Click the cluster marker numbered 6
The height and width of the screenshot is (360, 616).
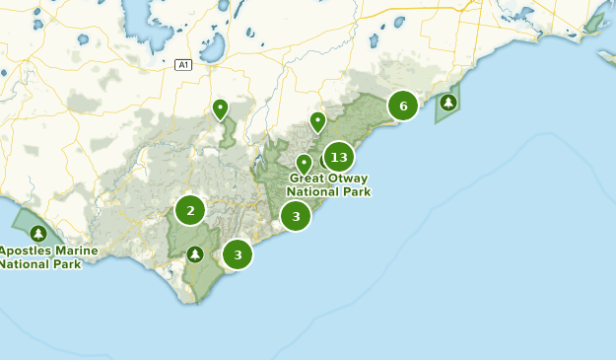tap(402, 106)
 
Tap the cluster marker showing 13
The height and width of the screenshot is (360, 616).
tap(339, 157)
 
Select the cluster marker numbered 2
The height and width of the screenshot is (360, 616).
tap(190, 210)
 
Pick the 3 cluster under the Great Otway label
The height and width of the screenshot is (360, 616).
tap(296, 216)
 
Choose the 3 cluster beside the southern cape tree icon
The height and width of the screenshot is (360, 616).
tap(238, 254)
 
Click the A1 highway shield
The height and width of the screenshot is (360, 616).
tap(182, 65)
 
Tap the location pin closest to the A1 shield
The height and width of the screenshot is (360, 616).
tap(220, 108)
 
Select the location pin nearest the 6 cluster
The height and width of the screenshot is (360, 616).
tap(317, 121)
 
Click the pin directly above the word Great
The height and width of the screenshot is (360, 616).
tap(304, 163)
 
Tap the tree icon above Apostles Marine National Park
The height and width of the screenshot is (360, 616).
tap(38, 234)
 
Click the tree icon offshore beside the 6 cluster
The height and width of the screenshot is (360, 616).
tap(448, 102)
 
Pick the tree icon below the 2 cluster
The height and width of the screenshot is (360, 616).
tap(195, 254)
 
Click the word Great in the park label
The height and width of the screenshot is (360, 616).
tap(308, 180)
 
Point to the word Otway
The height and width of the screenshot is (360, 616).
tap(348, 180)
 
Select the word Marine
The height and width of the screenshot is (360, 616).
tap(77, 252)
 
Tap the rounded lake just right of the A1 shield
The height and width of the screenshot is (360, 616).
tap(208, 45)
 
